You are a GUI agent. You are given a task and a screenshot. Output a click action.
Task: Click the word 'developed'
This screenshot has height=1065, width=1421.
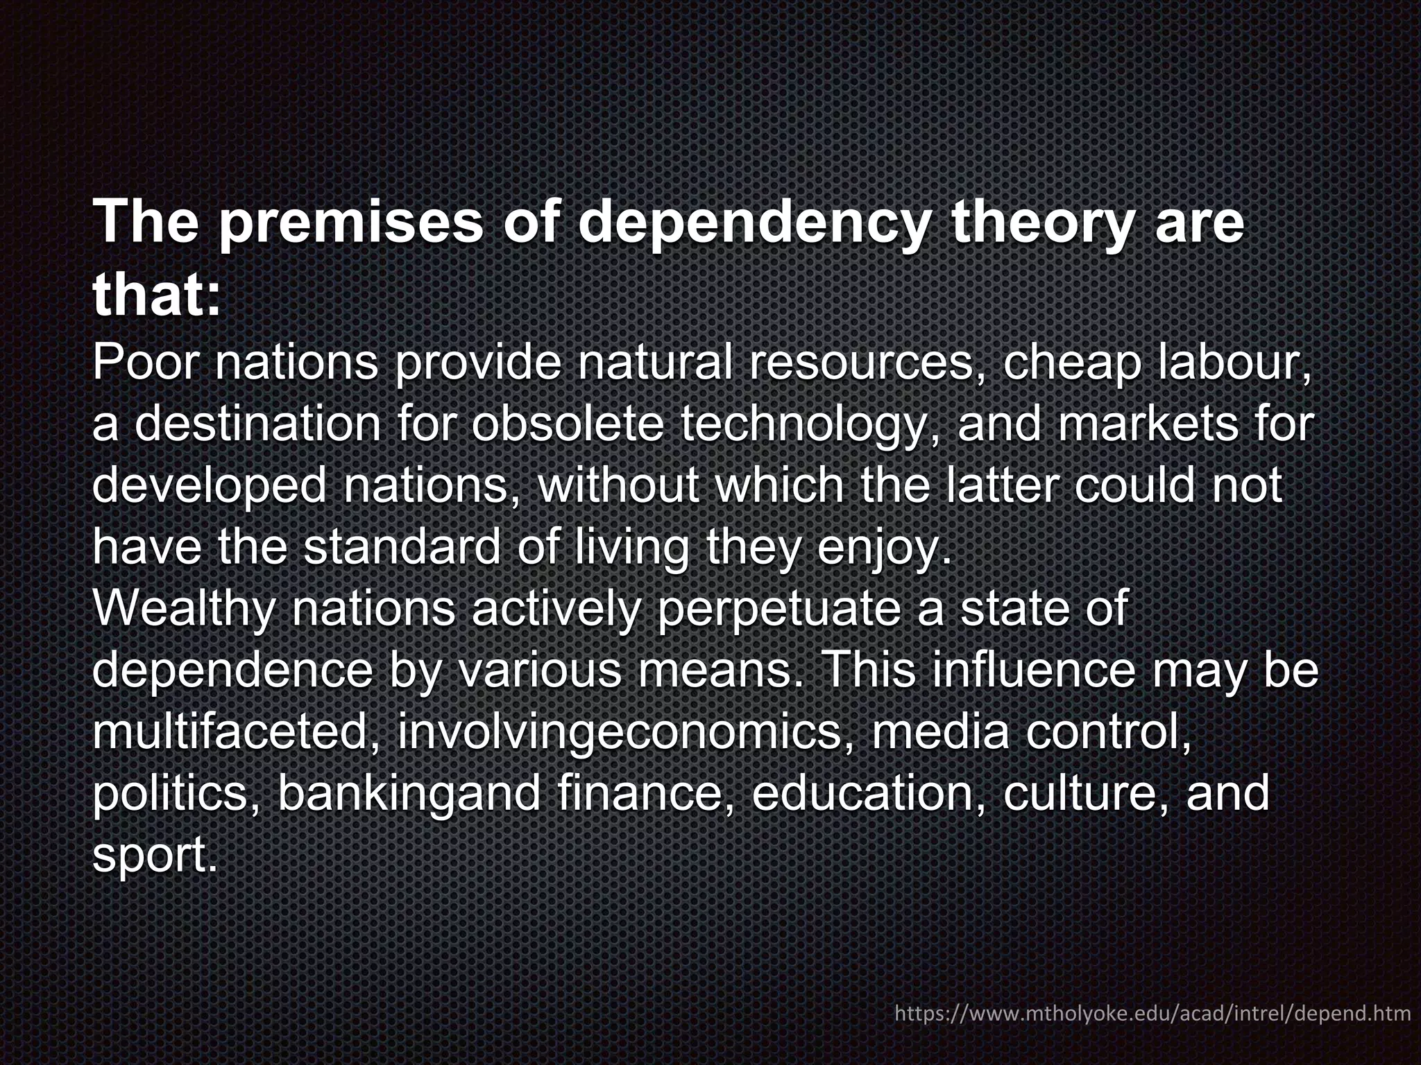coord(209,485)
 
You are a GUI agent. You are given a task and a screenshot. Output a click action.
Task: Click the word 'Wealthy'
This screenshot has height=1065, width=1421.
coord(183,609)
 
